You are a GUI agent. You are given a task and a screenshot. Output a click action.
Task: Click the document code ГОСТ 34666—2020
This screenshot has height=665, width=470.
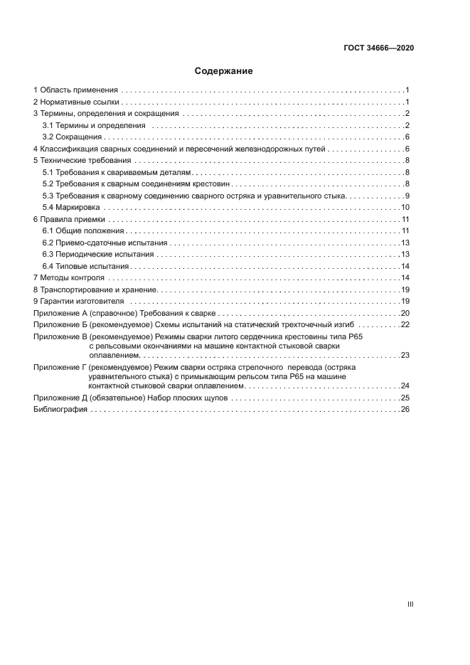point(378,48)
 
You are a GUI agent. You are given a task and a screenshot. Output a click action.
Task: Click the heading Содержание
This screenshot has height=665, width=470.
point(224,71)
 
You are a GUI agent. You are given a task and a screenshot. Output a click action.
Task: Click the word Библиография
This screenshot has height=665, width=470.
point(60,410)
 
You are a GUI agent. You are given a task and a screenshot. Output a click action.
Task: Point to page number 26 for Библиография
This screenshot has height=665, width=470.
point(405,410)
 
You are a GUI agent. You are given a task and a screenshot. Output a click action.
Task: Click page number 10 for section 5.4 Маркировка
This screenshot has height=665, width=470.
point(405,207)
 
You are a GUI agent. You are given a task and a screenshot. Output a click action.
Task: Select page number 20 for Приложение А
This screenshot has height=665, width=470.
point(405,313)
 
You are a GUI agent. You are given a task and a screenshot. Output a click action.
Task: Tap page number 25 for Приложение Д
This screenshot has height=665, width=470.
point(405,398)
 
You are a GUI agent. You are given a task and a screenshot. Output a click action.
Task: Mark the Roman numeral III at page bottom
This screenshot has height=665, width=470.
point(410,604)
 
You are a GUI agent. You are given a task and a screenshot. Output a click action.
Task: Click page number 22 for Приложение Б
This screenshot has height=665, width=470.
point(405,324)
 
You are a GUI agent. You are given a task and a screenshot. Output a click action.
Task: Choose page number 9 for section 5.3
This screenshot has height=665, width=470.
point(407,196)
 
